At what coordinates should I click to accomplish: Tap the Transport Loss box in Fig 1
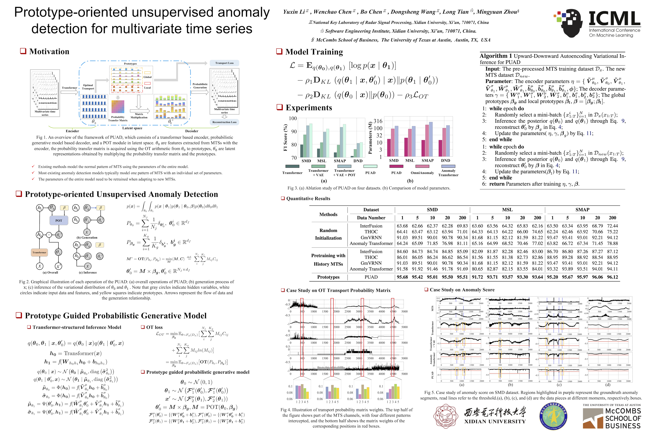[x=224, y=63]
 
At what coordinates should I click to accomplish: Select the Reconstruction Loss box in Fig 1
[x=224, y=122]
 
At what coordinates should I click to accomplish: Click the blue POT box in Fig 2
[x=59, y=221]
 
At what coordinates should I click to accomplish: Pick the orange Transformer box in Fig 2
[x=39, y=252]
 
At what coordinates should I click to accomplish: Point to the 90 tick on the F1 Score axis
[x=293, y=131]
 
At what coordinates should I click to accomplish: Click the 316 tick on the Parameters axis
[x=378, y=121]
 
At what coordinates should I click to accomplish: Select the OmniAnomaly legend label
[x=422, y=173]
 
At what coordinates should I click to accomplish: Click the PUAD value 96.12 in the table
[x=612, y=277]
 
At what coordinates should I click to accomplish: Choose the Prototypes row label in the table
[x=328, y=277]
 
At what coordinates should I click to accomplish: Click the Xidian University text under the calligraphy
[x=495, y=421]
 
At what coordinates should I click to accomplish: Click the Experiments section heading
[x=309, y=108]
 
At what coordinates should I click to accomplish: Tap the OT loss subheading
[x=154, y=327]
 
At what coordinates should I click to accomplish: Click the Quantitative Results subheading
[x=308, y=198]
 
